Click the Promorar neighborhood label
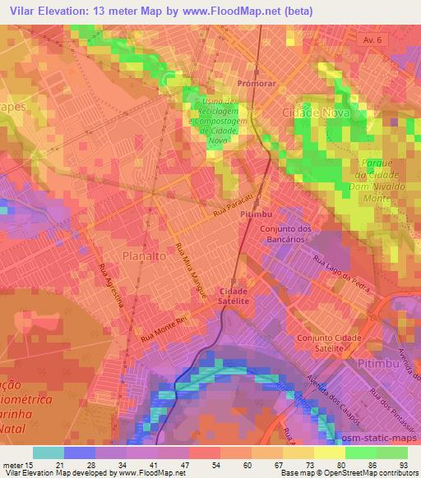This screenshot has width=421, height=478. pyautogui.click(x=254, y=84)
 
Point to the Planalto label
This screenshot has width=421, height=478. pyautogui.click(x=145, y=255)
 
